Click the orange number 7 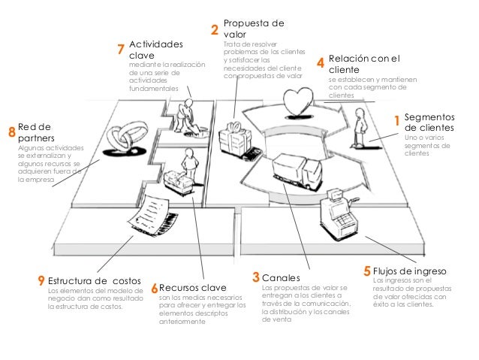(x=121, y=50)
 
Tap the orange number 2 (x=214, y=30)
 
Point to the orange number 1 (x=397, y=120)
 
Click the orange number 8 (x=11, y=132)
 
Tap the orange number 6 (x=154, y=287)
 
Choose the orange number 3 (x=256, y=278)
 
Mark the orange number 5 (x=366, y=270)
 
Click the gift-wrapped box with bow (x=234, y=138)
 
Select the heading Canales (x=279, y=278)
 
